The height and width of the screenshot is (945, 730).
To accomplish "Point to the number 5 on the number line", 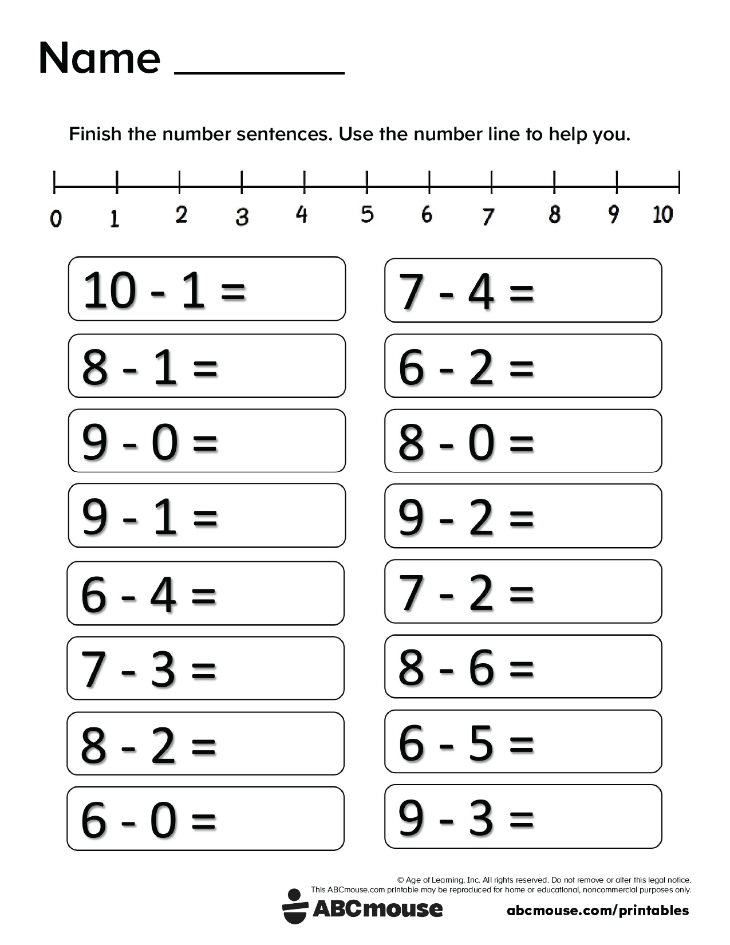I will click(367, 215).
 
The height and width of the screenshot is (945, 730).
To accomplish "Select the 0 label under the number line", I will click(56, 219).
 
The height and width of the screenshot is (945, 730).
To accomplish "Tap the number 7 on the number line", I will click(487, 216).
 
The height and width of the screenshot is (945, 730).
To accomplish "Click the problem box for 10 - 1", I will click(207, 289).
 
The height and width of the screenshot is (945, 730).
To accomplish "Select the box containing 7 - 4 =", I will click(523, 290).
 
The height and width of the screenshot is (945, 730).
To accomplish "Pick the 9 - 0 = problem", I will click(207, 440).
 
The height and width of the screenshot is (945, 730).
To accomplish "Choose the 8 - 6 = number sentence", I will click(523, 666).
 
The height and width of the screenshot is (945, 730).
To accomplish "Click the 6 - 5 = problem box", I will click(523, 742).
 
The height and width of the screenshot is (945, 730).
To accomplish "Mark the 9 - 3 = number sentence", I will click(523, 816).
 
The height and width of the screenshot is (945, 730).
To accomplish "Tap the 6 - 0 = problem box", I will click(206, 818).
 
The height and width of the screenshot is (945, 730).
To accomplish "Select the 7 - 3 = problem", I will click(206, 668).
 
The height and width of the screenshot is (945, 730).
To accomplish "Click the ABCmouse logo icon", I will click(295, 906).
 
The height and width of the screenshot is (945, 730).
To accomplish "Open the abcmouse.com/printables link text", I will click(598, 910).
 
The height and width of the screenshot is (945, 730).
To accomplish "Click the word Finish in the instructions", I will click(95, 134).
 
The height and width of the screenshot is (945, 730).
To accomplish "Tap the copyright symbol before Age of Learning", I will click(400, 880).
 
